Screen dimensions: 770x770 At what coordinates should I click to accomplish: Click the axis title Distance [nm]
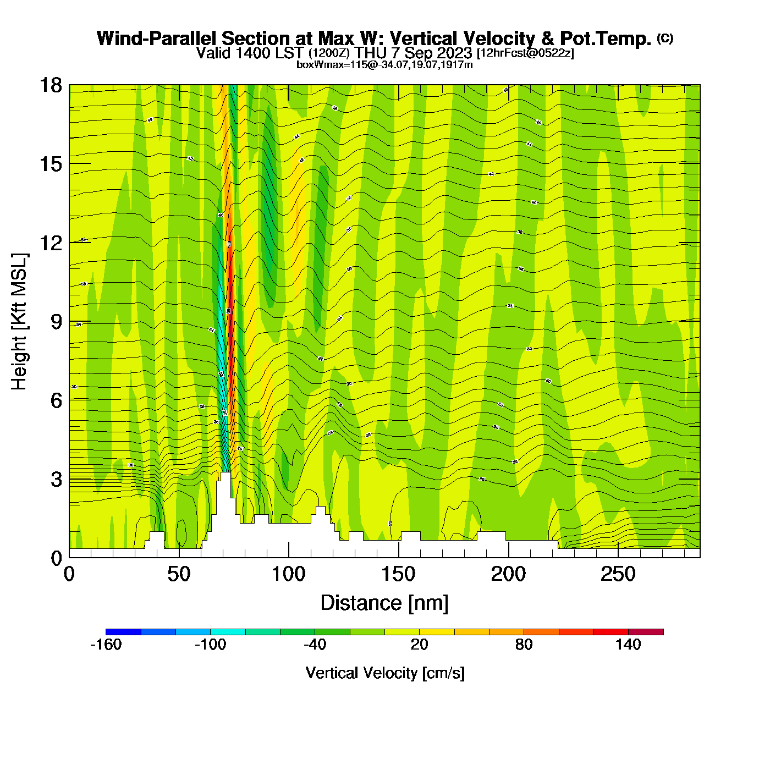point(384,603)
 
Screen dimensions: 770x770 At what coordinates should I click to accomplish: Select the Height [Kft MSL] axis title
point(19,322)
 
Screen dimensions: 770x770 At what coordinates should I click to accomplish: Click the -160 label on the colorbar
point(106,645)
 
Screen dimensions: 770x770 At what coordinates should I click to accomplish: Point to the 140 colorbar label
point(628,645)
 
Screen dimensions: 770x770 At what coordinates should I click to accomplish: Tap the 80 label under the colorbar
point(524,645)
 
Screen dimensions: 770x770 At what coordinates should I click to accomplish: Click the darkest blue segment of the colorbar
point(123,632)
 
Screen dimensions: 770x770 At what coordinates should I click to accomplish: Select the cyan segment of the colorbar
point(228,632)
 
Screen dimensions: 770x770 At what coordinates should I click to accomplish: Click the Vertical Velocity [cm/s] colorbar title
point(385,673)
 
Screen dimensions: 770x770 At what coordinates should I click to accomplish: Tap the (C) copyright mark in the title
point(665,38)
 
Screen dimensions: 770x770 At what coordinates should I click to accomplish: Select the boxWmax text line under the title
point(384,65)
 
